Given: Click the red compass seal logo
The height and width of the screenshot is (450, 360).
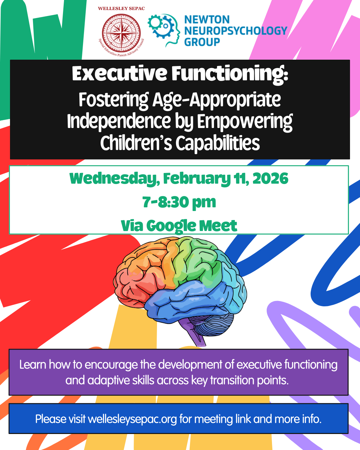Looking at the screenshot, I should tap(121, 33).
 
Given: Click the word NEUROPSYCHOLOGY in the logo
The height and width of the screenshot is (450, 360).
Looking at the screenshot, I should tap(235, 31).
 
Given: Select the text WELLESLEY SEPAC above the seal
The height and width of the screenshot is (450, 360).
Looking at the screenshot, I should tap(121, 8).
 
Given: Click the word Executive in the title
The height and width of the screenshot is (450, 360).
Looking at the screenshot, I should tap(119, 74).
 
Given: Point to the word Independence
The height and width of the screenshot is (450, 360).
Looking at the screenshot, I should tap(119, 121).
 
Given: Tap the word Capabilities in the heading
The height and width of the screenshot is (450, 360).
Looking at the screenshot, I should tap(217, 143).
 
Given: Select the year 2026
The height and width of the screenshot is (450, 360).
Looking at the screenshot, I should tap(270, 179).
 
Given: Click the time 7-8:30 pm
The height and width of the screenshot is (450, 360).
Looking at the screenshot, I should tap(179, 202).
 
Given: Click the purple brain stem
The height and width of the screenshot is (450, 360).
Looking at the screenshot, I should tap(198, 337).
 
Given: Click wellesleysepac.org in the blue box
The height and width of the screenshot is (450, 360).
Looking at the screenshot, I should tap(132, 419).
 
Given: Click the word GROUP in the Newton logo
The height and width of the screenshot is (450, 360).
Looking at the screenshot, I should tap(202, 42).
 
